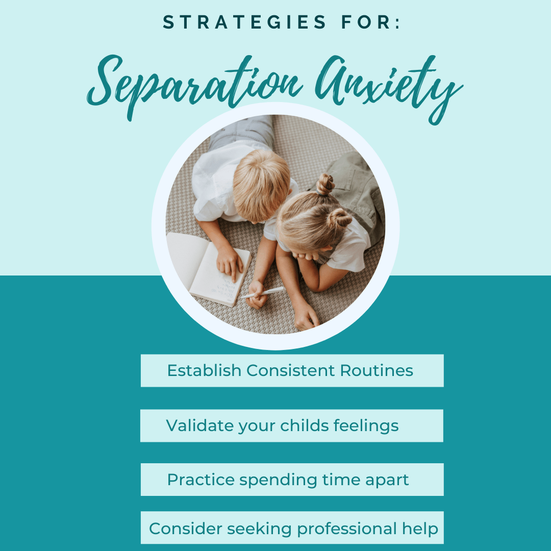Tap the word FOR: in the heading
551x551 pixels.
pyautogui.click(x=371, y=22)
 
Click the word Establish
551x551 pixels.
pyautogui.click(x=204, y=370)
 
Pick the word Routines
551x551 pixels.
pyautogui.click(x=377, y=370)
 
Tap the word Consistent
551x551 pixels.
pyautogui.click(x=291, y=370)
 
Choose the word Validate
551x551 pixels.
pyautogui.click(x=200, y=425)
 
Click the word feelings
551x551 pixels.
pyautogui.click(x=366, y=426)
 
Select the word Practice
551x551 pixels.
pyautogui.click(x=201, y=480)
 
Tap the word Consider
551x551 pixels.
pyautogui.click(x=185, y=529)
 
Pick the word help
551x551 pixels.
pyautogui.click(x=420, y=529)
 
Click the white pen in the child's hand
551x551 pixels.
pyautogui.click(x=262, y=292)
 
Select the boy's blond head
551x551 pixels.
pyautogui.click(x=261, y=185)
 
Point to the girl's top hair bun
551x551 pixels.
pyautogui.click(x=325, y=184)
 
